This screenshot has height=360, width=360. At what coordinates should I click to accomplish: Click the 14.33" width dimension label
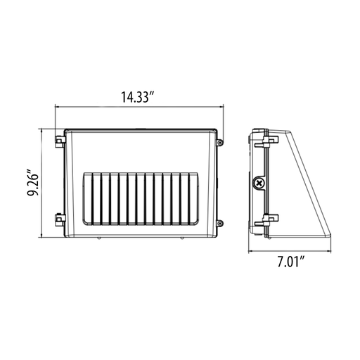click(138, 97)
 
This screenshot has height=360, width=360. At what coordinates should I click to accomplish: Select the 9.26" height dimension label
click(32, 183)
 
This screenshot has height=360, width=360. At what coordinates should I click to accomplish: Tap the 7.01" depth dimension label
click(291, 262)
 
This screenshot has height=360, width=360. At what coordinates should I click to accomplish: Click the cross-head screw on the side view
click(259, 183)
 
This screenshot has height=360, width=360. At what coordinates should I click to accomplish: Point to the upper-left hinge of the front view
click(60, 141)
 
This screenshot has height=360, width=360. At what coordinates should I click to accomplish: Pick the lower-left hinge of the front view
click(60, 219)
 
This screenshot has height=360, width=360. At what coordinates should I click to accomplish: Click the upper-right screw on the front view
click(219, 142)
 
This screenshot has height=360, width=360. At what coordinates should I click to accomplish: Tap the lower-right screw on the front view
click(219, 223)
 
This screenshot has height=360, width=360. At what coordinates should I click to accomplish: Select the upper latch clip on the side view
click(266, 141)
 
